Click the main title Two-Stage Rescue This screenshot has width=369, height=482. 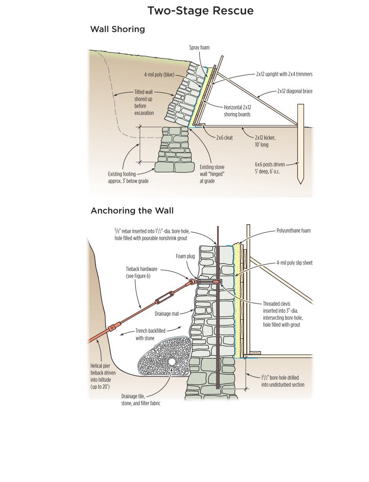click(x=200, y=10)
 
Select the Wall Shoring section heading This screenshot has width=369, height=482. click(x=117, y=29)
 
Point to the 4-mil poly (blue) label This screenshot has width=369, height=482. click(x=161, y=74)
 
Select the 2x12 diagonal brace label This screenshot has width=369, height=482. click(x=295, y=91)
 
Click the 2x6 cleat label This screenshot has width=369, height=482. click(x=224, y=138)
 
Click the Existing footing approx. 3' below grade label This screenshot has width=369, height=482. click(x=128, y=177)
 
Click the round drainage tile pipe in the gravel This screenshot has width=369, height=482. click(x=172, y=362)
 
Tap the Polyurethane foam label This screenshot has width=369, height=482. click(x=293, y=231)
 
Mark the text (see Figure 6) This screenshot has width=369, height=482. click(x=138, y=276)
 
